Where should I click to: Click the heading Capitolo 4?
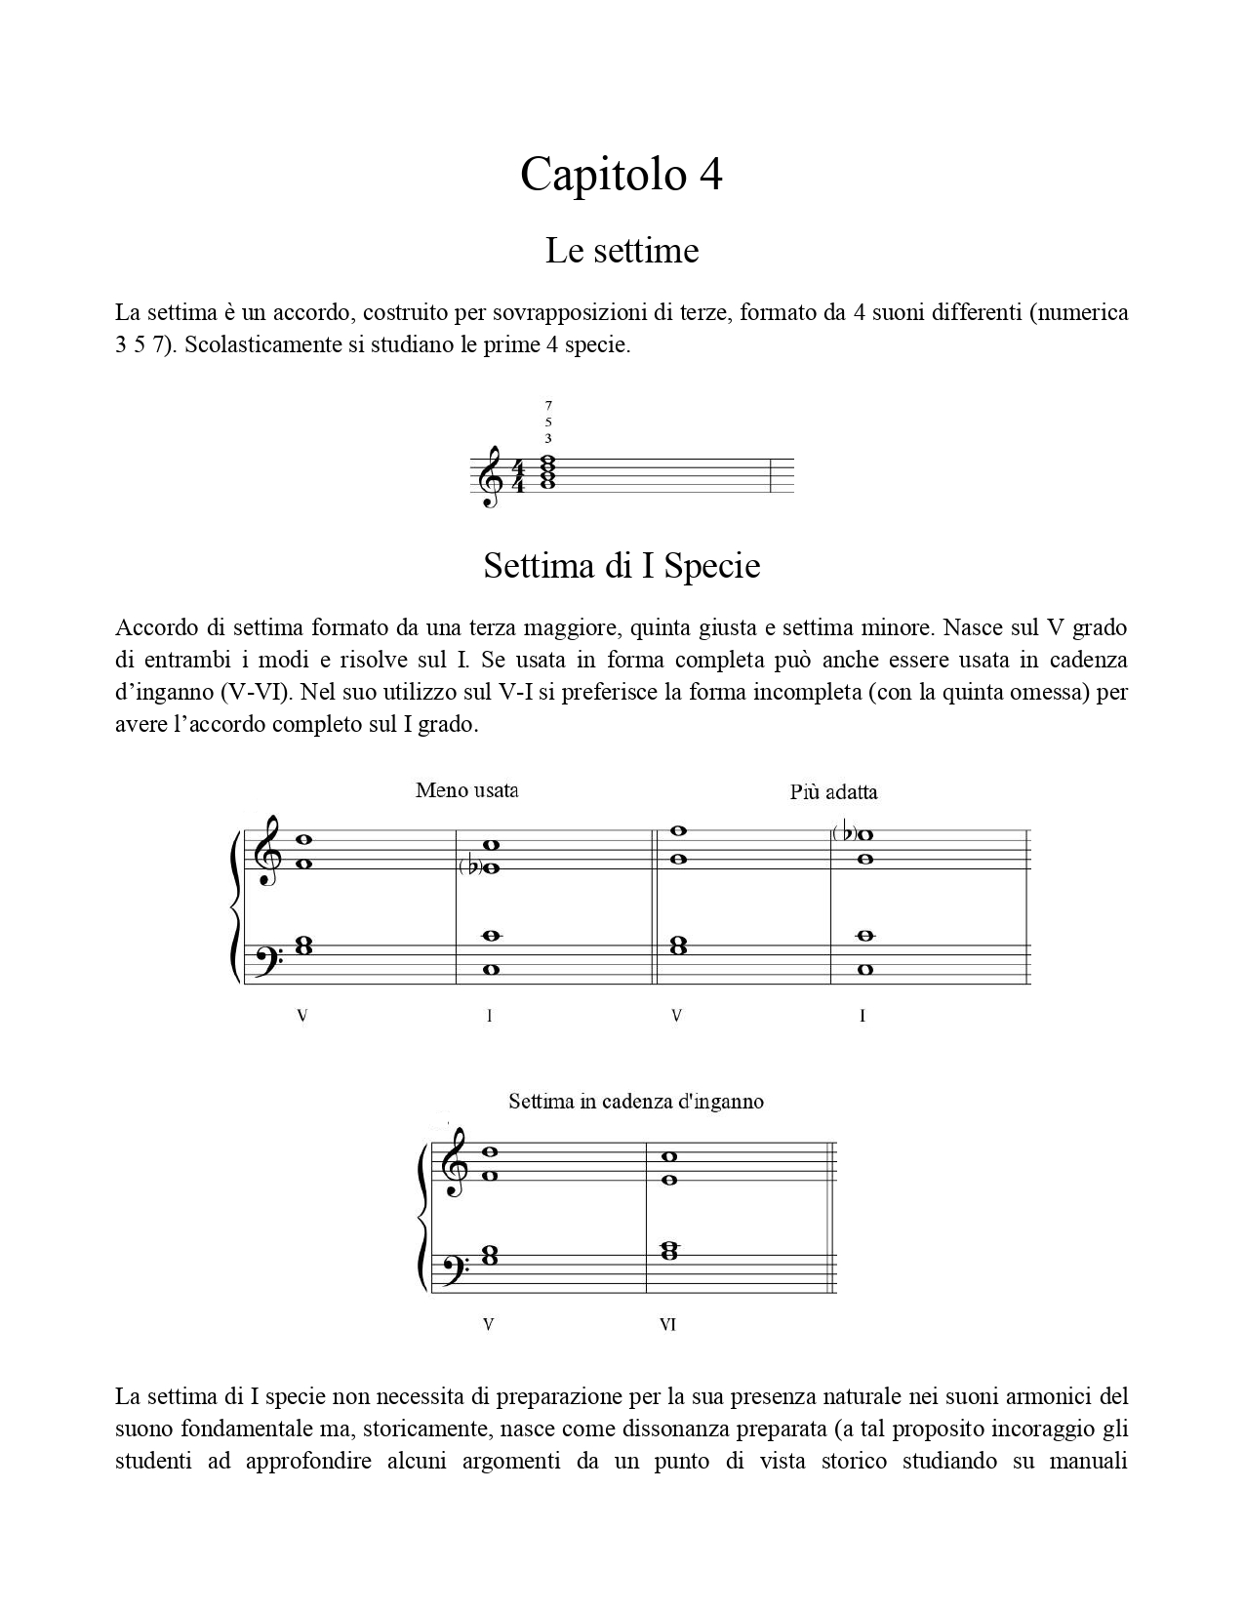621,175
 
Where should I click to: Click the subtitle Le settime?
622,251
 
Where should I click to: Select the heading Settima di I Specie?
622,566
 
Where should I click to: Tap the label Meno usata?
466,790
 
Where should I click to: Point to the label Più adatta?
833,792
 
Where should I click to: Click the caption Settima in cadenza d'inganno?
635,1102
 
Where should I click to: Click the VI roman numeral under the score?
667,1325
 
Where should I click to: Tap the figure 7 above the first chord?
548,404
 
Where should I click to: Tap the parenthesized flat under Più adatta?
843,833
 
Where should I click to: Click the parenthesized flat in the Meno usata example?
469,867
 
